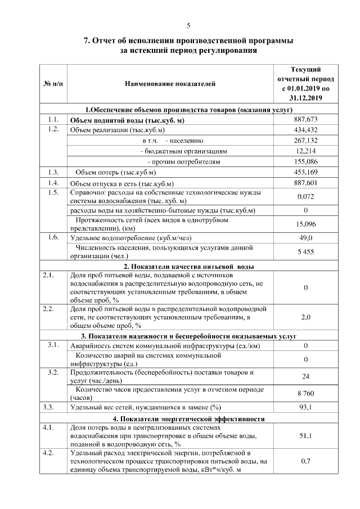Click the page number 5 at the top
[x=188, y=25]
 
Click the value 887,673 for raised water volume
[x=306, y=119]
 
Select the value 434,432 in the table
[x=306, y=130]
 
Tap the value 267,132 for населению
[x=306, y=141]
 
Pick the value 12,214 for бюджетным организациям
[x=306, y=151]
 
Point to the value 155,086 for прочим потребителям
[x=306, y=162]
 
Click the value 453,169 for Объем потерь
[x=306, y=172]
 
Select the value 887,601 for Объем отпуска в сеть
[x=306, y=183]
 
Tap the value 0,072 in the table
[x=306, y=196]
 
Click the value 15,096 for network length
[x=306, y=224]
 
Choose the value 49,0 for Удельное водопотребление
[x=306, y=238]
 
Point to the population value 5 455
[x=306, y=251]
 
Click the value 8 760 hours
[x=306, y=394]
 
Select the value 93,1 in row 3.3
[x=306, y=407]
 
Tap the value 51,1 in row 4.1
[x=306, y=435]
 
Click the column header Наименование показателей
[x=169, y=84]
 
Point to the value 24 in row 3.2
[x=306, y=376]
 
